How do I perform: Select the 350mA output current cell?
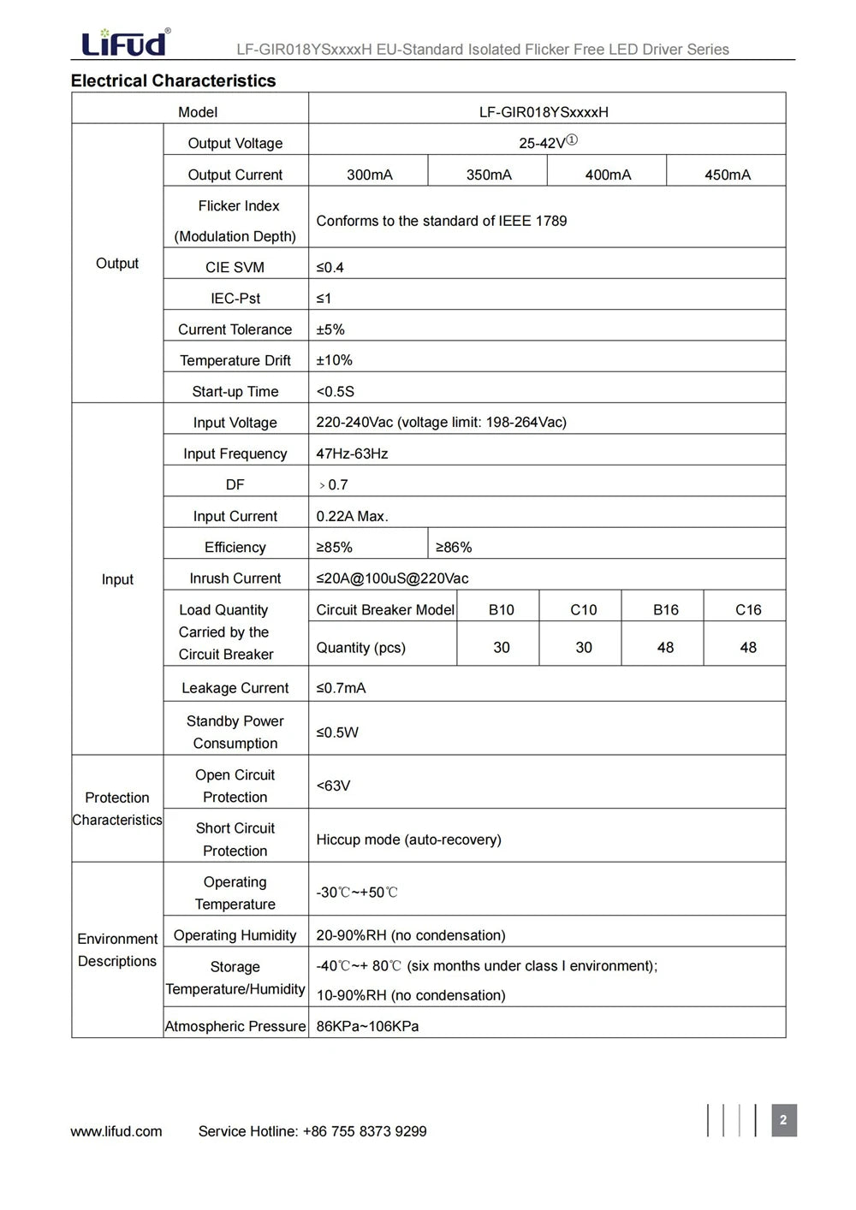pyautogui.click(x=489, y=175)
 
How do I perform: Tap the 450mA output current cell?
pyautogui.click(x=727, y=175)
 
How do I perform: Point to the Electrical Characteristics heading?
pyautogui.click(x=173, y=81)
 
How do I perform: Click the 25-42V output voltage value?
pyautogui.click(x=547, y=143)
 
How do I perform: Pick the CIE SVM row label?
pyautogui.click(x=235, y=267)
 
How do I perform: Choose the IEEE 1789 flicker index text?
pyautogui.click(x=441, y=221)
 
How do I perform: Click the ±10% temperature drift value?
pyautogui.click(x=334, y=360)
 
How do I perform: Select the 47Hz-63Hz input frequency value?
pyautogui.click(x=352, y=454)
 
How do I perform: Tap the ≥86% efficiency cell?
pyautogui.click(x=454, y=547)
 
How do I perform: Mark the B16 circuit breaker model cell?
pyautogui.click(x=665, y=609)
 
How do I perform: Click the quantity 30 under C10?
pyautogui.click(x=583, y=648)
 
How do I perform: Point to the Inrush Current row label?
pyautogui.click(x=235, y=578)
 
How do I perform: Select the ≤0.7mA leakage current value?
pyautogui.click(x=341, y=688)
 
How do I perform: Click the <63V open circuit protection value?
pyautogui.click(x=333, y=786)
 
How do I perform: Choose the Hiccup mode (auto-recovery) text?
pyautogui.click(x=408, y=839)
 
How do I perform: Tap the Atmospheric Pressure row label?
pyautogui.click(x=235, y=1026)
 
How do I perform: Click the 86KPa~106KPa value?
pyautogui.click(x=367, y=1026)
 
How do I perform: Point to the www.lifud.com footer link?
pyautogui.click(x=116, y=1131)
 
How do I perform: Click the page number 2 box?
pyautogui.click(x=783, y=1120)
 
